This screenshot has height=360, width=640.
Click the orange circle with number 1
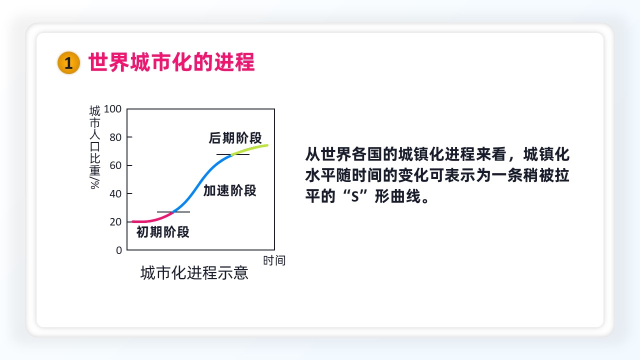click(x=68, y=62)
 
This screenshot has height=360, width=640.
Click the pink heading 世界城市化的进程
click(x=171, y=62)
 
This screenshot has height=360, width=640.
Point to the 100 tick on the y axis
click(x=112, y=109)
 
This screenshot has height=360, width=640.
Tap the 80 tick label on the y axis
click(x=115, y=137)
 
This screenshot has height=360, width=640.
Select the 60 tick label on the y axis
click(x=115, y=165)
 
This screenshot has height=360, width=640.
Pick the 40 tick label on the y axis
click(x=115, y=194)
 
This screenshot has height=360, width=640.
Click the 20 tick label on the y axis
click(x=115, y=221)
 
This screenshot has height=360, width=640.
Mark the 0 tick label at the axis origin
click(x=119, y=250)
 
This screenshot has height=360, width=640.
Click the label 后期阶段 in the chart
click(x=235, y=138)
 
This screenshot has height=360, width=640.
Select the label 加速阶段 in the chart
click(x=229, y=190)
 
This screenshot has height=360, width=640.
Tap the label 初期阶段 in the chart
click(x=163, y=232)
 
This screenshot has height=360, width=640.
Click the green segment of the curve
click(x=249, y=149)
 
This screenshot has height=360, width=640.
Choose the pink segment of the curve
click(x=153, y=219)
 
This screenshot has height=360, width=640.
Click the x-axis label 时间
click(x=274, y=260)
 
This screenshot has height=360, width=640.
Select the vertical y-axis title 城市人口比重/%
click(x=95, y=147)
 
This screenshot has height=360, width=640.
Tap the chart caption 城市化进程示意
click(x=194, y=272)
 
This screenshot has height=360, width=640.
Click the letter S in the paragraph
click(x=355, y=196)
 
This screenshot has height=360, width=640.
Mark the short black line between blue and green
click(x=233, y=154)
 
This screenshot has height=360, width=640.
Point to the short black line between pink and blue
click(x=173, y=212)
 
